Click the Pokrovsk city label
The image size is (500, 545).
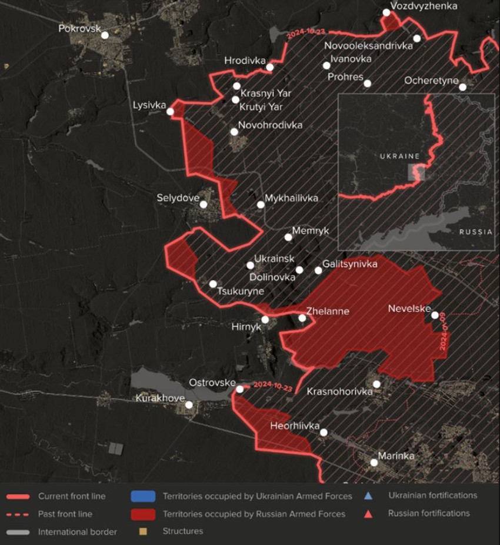[x=79, y=28]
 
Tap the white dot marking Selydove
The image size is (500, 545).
[x=204, y=205]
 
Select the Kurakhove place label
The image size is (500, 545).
[x=159, y=398]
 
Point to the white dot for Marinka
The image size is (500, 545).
[x=374, y=463]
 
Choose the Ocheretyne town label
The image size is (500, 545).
[x=431, y=81]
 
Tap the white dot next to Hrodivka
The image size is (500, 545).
[x=270, y=67]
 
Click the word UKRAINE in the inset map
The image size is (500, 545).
[x=399, y=156]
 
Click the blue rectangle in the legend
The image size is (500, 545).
[x=144, y=496]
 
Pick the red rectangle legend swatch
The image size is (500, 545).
[x=144, y=514]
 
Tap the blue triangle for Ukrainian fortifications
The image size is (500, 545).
[x=368, y=496]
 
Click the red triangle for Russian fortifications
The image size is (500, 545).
[x=368, y=513]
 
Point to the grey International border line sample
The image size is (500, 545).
[x=17, y=532]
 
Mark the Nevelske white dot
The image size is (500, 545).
[x=435, y=315]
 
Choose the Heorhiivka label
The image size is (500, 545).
[x=295, y=426]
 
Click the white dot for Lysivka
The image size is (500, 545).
[x=170, y=112]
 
